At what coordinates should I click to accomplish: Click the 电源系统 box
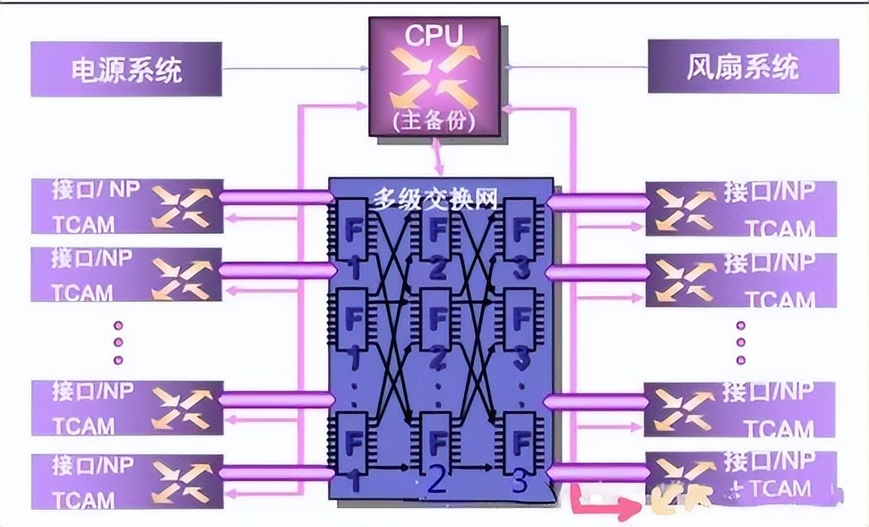(x=126, y=69)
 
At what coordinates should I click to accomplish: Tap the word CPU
(x=434, y=37)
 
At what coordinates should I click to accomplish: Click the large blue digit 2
(x=435, y=482)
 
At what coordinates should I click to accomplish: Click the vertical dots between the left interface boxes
(x=117, y=340)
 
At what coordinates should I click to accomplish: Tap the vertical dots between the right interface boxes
(x=741, y=340)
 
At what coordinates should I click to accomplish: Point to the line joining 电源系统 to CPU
(x=296, y=69)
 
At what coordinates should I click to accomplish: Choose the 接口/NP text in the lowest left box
(x=91, y=466)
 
